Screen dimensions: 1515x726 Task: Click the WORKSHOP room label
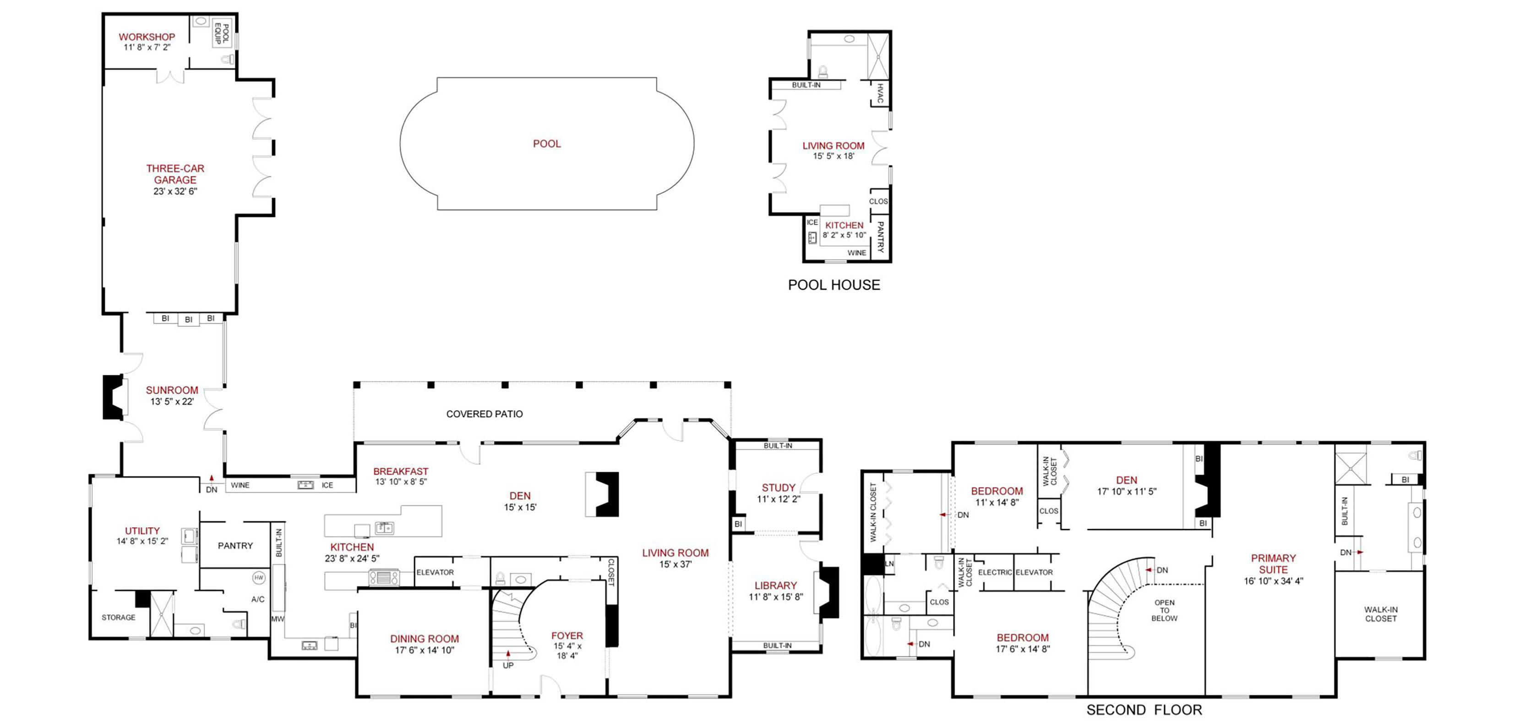[147, 37]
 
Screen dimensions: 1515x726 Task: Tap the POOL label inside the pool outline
[547, 143]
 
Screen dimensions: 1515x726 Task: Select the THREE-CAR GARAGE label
[175, 174]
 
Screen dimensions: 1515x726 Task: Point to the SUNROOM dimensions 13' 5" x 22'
[172, 401]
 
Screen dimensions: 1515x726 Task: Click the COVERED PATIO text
[485, 414]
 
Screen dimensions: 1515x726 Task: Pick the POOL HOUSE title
[834, 285]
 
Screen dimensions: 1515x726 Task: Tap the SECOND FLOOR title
[1144, 710]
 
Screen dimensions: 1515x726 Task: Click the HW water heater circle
[259, 578]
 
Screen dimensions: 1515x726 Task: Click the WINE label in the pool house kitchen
[857, 253]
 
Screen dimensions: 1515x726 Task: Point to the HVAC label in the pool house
[880, 93]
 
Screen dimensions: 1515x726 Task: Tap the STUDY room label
[779, 488]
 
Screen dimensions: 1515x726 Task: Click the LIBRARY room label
[776, 585]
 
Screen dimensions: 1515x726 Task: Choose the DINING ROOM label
[425, 639]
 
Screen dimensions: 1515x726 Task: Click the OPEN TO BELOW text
[1165, 610]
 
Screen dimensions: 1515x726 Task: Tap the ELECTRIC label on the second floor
[995, 572]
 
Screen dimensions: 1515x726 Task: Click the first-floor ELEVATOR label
[435, 572]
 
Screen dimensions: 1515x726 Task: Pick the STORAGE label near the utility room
[118, 617]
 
